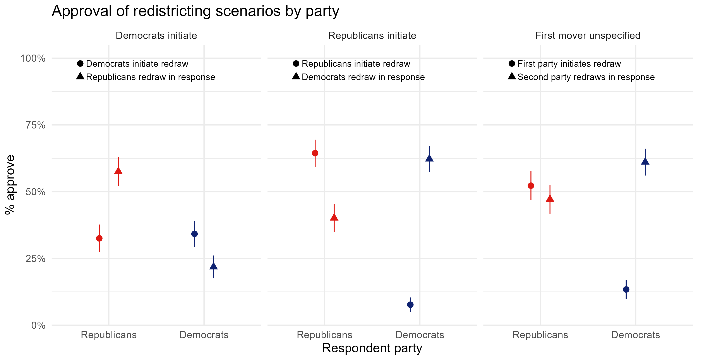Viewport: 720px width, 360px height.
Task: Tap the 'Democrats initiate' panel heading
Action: tap(156, 36)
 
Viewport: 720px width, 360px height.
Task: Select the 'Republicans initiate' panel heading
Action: tap(372, 36)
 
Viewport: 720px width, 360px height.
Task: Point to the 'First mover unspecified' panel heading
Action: tap(588, 36)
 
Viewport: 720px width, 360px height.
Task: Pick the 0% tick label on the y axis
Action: tap(38, 325)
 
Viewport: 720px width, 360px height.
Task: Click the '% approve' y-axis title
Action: tap(10, 184)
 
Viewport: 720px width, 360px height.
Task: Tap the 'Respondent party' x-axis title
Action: tap(372, 348)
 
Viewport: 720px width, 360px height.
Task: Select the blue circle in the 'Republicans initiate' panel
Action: tap(410, 305)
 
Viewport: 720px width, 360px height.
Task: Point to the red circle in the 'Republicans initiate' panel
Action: tap(315, 153)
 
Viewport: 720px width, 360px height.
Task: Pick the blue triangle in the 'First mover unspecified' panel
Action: tap(645, 161)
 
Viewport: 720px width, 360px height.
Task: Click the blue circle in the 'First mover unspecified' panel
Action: tap(626, 289)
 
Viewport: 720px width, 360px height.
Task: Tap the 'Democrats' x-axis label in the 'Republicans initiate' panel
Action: tap(420, 335)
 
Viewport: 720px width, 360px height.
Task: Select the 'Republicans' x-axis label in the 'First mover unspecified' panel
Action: tap(540, 335)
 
